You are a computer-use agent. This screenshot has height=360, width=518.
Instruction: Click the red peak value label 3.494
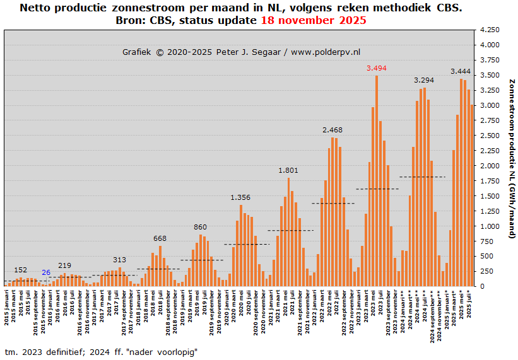tap(377, 68)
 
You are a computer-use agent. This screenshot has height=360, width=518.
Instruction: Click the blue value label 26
tap(46, 272)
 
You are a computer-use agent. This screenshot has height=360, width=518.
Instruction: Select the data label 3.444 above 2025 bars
tap(461, 71)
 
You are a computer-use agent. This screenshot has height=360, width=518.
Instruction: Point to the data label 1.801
tap(288, 170)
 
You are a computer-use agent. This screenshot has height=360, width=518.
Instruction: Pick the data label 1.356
tap(240, 197)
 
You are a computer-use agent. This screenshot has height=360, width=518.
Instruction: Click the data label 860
tap(200, 227)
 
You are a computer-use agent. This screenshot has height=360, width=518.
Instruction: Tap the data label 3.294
tap(424, 80)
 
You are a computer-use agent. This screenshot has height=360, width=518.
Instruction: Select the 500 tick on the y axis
tap(492, 256)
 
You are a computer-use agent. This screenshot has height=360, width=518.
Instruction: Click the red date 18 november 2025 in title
tap(314, 20)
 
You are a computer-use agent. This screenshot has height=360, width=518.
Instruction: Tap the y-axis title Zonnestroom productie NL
tap(512, 158)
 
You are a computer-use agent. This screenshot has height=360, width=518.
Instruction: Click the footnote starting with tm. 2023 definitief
tap(101, 352)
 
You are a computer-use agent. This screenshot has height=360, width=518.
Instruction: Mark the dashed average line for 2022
tap(333, 203)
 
